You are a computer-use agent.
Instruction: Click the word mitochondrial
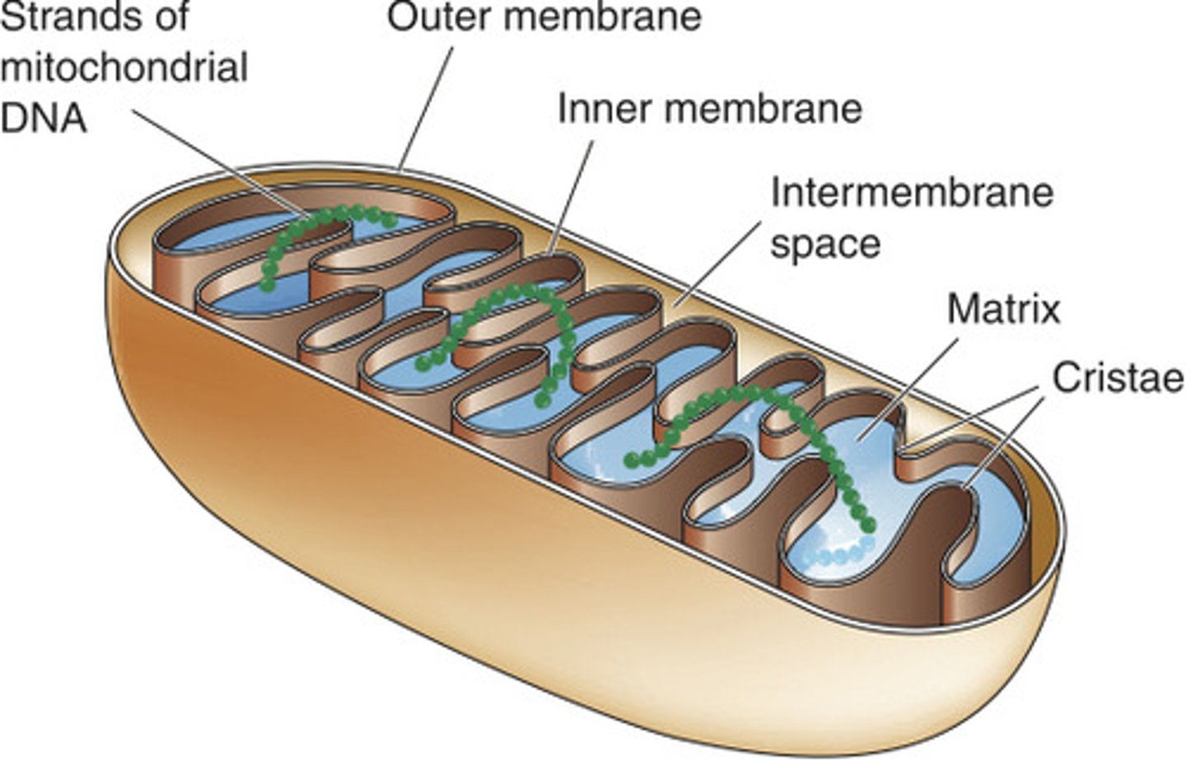click(x=124, y=68)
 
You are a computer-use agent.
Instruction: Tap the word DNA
click(x=43, y=118)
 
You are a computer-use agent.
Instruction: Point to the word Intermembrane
click(x=912, y=193)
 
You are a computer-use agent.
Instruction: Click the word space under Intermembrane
click(x=824, y=244)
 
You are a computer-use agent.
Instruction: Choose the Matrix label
click(x=1003, y=310)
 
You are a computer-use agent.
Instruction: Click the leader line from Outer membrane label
click(x=426, y=107)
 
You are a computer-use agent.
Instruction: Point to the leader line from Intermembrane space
click(x=721, y=262)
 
